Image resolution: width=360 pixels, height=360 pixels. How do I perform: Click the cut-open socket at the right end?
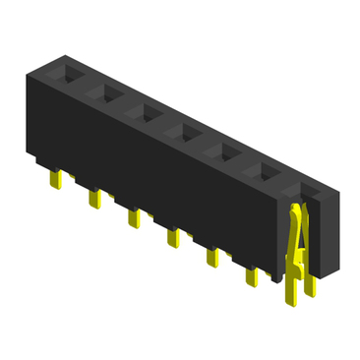[x=309, y=192]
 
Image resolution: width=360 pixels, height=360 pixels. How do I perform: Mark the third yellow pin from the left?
[x=133, y=218]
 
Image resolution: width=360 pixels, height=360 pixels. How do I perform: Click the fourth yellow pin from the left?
[x=171, y=238]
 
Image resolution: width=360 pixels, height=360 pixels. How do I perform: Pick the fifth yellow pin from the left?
[x=210, y=259]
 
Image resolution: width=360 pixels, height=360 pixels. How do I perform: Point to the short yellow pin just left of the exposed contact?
[x=251, y=278]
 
